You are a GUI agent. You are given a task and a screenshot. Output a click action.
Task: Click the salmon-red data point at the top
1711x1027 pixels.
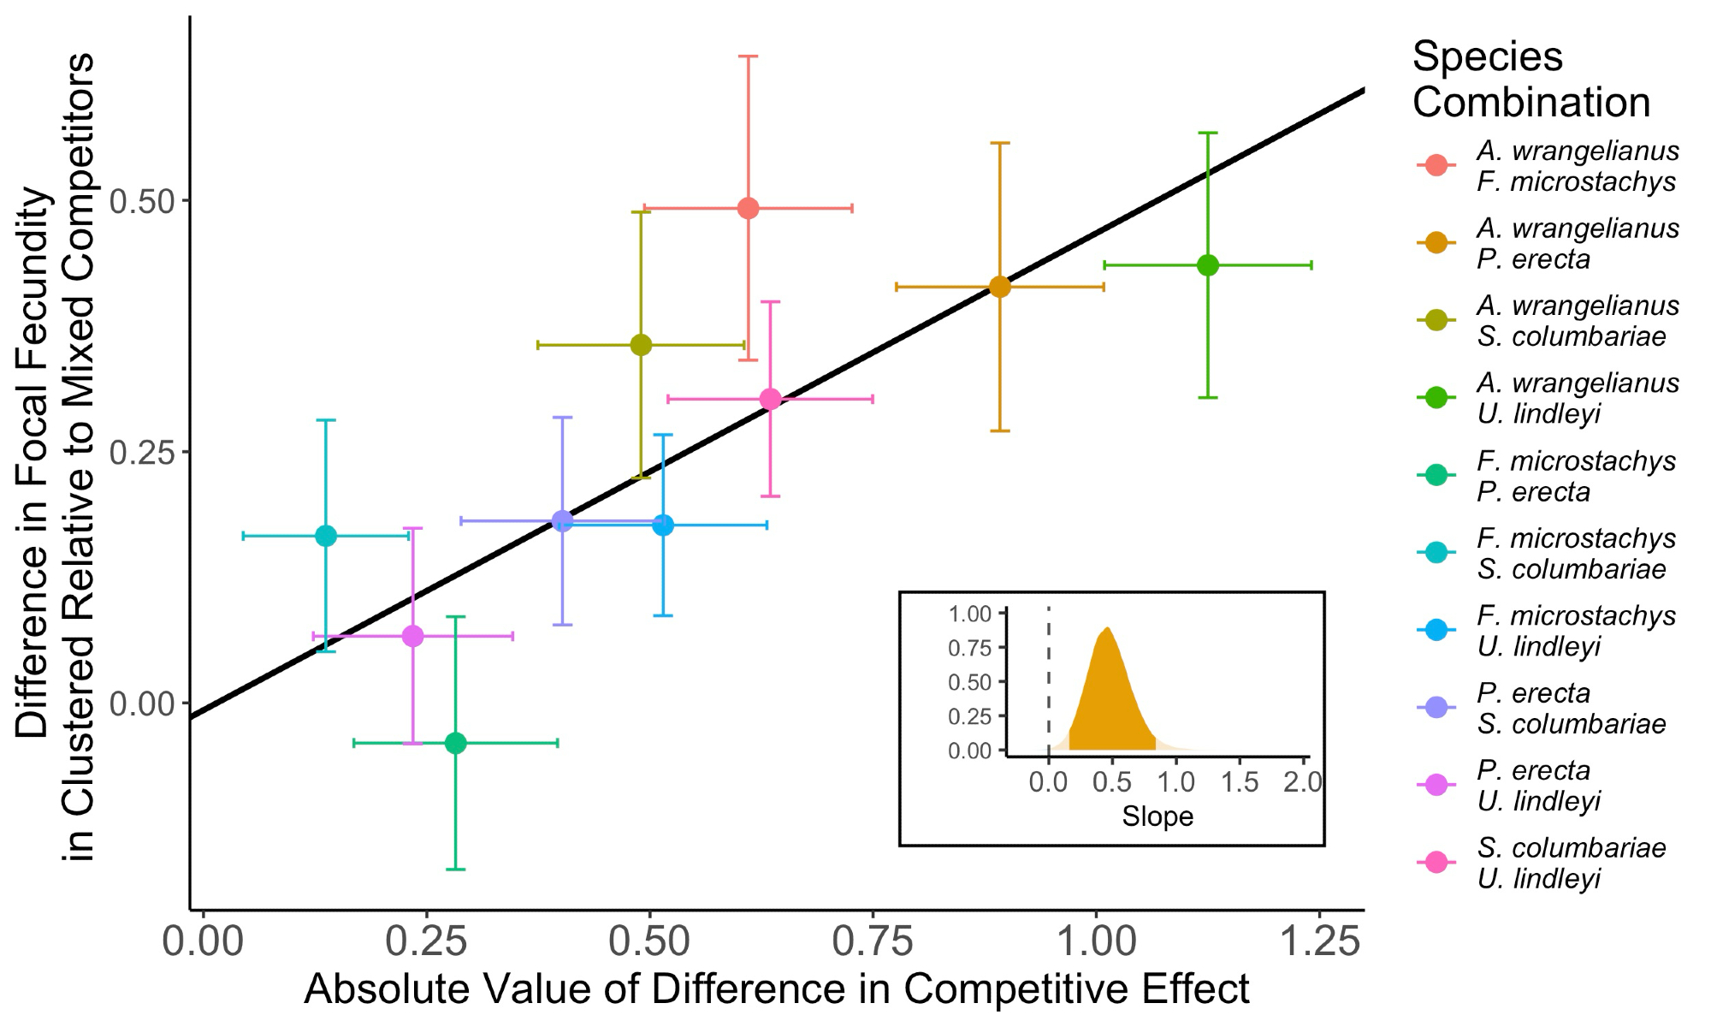(748, 208)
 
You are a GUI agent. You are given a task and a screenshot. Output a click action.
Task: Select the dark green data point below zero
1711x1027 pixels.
(456, 743)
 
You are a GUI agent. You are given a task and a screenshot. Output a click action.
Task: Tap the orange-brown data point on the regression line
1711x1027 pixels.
(999, 287)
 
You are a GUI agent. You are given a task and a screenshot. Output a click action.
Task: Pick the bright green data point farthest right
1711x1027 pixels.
(1207, 265)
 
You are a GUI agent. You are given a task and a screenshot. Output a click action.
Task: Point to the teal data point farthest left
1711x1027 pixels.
(326, 537)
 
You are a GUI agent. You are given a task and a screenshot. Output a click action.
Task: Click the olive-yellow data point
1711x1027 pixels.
(641, 345)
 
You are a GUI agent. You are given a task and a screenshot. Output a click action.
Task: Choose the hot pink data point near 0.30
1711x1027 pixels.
(770, 399)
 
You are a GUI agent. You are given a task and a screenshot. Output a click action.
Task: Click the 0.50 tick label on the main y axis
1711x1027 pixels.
(142, 202)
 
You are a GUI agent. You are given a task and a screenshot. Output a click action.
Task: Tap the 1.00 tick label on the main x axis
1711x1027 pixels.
(1097, 942)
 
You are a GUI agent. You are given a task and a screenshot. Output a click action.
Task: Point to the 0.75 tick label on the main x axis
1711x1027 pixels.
(873, 942)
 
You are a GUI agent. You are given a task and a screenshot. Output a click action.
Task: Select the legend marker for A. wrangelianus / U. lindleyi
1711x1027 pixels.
(1436, 397)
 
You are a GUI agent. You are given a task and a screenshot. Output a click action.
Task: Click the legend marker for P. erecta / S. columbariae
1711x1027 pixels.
(1436, 708)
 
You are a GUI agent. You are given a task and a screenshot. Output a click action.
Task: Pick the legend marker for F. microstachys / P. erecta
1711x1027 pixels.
(1436, 475)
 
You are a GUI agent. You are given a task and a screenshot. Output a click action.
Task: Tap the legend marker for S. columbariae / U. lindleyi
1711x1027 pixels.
(1436, 863)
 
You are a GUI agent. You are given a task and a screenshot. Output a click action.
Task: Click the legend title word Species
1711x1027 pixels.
(1487, 58)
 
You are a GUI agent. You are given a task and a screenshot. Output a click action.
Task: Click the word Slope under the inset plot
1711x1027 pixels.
(1157, 816)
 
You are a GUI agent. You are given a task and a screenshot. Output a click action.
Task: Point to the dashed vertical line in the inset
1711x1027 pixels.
(1049, 685)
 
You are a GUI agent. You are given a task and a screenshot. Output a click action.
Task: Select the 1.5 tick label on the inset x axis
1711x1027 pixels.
(1240, 781)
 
